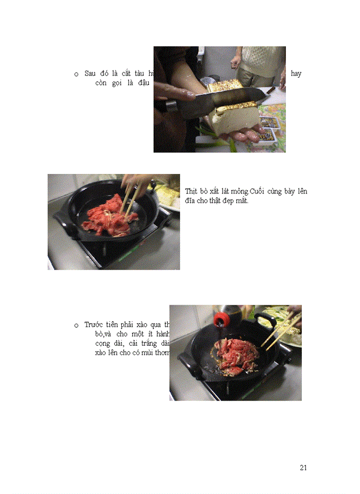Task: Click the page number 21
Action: pos(303,467)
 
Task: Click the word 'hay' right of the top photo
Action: pos(296,74)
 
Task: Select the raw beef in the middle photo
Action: pos(109,215)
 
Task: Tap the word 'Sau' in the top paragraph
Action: pos(91,74)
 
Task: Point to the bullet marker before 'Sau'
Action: pos(76,74)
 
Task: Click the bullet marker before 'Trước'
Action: pos(76,325)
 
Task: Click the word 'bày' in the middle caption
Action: pos(288,191)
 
